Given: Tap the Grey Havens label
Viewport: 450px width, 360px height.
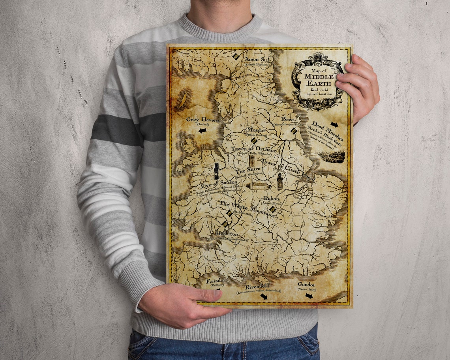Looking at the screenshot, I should [202, 119].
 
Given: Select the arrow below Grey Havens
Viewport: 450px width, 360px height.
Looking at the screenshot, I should [202, 130].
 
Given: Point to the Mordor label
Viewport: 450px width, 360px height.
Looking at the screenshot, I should [256, 130].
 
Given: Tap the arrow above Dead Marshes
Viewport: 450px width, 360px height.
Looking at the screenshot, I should [334, 125].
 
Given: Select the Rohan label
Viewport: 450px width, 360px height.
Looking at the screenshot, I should [271, 199].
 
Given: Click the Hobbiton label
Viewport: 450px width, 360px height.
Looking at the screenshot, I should [227, 234].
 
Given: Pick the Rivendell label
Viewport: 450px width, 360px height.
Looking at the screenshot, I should [257, 287].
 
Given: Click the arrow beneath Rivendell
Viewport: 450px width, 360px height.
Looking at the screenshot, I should [263, 296].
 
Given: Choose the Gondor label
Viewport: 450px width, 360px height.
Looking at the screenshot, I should [306, 284].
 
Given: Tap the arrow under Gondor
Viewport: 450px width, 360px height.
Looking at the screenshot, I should [309, 295].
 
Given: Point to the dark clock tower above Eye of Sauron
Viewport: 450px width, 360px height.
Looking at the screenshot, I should [216, 171].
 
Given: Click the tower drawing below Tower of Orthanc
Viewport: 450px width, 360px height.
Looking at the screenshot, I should [251, 161].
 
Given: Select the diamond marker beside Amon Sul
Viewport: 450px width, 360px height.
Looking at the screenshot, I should [236, 56].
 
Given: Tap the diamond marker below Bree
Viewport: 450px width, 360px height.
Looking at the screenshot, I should [293, 130].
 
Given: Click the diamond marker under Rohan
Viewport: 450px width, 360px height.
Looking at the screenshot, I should [272, 210].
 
